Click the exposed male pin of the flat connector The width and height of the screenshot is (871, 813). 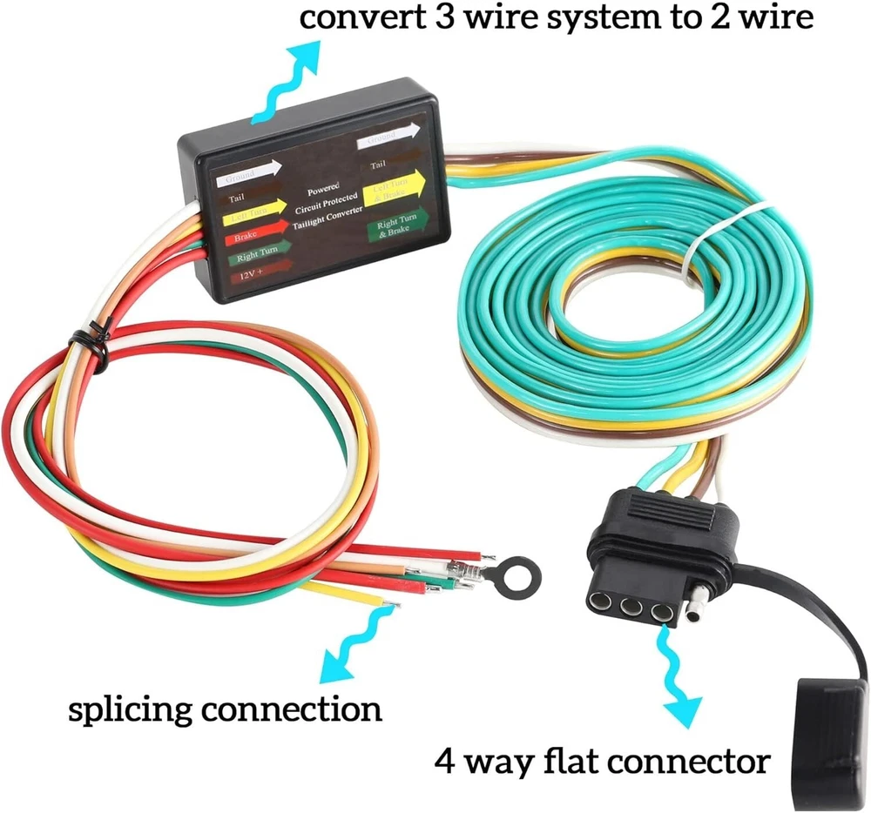click(x=692, y=610)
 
